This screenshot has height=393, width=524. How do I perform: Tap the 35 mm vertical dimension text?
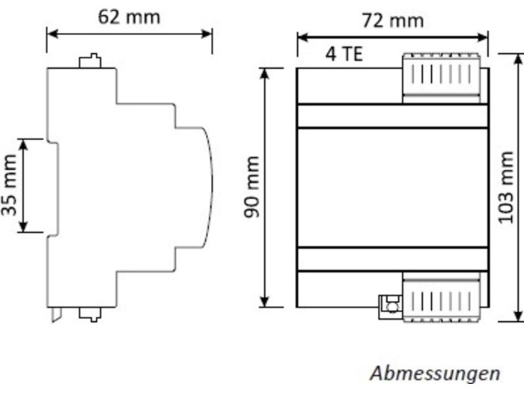coord(10,186)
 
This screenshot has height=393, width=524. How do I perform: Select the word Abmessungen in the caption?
coord(435,372)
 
